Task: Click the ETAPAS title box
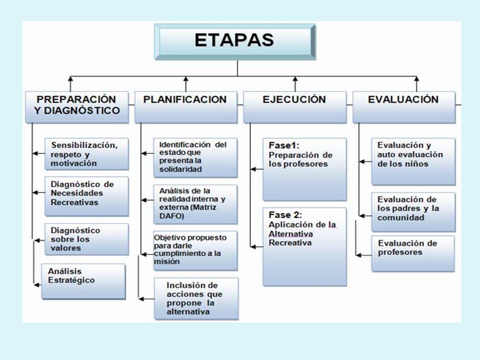pyautogui.click(x=235, y=42)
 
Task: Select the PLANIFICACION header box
pyautogui.click(x=186, y=107)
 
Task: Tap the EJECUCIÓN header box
pyautogui.click(x=295, y=107)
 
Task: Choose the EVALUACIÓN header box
pyautogui.click(x=404, y=107)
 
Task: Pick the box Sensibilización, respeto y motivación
pyautogui.click(x=87, y=154)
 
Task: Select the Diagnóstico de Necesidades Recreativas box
pyautogui.click(x=87, y=196)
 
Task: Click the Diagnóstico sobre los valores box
pyautogui.click(x=87, y=240)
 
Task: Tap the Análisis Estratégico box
pyautogui.click(x=83, y=281)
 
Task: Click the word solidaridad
pyautogui.click(x=180, y=169)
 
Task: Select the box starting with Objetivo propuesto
pyautogui.click(x=195, y=251)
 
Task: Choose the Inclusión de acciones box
pyautogui.click(x=196, y=299)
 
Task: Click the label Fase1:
pyautogui.click(x=284, y=145)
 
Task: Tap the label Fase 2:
pyautogui.click(x=285, y=215)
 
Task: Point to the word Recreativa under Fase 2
pyautogui.click(x=290, y=243)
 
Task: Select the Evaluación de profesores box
pyautogui.click(x=413, y=254)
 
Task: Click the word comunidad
pyautogui.click(x=401, y=217)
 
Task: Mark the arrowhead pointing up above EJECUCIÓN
pyautogui.click(x=295, y=79)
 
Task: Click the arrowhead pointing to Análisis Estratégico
pyautogui.click(x=37, y=285)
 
